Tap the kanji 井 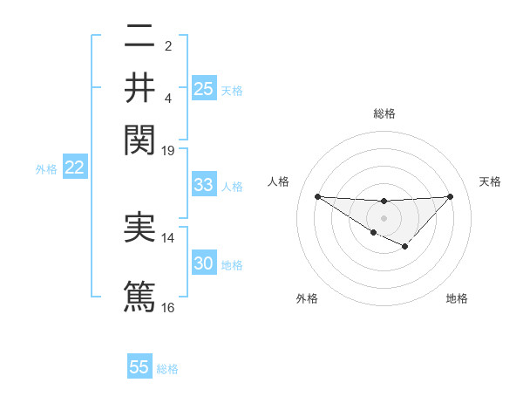pyautogui.click(x=139, y=87)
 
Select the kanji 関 pyautogui.click(x=139, y=139)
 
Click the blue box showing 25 pyautogui.click(x=204, y=88)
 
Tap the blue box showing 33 pyautogui.click(x=204, y=185)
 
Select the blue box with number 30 pyautogui.click(x=204, y=263)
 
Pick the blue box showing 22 pyautogui.click(x=74, y=168)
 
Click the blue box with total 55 pyautogui.click(x=139, y=367)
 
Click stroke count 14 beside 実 pyautogui.click(x=168, y=237)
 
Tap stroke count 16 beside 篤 pyautogui.click(x=168, y=307)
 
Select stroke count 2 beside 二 pyautogui.click(x=168, y=45)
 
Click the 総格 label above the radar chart pyautogui.click(x=384, y=113)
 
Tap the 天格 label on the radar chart pyautogui.click(x=491, y=181)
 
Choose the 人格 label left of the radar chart pyautogui.click(x=279, y=181)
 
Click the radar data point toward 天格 pyautogui.click(x=451, y=196)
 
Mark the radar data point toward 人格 pyautogui.click(x=317, y=196)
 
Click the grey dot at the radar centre pyautogui.click(x=384, y=217)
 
